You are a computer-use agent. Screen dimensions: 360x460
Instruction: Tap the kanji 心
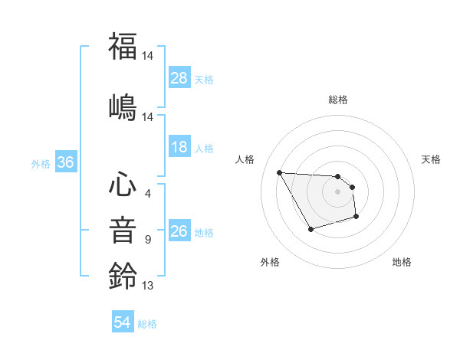pos(123,185)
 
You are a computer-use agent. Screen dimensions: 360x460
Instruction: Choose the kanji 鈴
pos(123,275)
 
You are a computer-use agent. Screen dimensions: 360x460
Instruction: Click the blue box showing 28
pos(179,78)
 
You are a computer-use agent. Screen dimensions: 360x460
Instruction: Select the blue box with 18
pos(179,147)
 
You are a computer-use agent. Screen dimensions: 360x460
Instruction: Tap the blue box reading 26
pos(179,231)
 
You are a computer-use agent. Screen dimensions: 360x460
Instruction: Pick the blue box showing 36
pos(66,163)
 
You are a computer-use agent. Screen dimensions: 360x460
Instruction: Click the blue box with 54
pos(123,323)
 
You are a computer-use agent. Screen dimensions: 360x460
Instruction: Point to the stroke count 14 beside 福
pos(149,55)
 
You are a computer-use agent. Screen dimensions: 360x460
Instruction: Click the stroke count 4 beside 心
pos(148,193)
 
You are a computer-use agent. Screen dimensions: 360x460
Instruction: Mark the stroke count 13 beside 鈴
pos(148,286)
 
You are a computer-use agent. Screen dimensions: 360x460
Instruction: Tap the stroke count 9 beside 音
pos(148,240)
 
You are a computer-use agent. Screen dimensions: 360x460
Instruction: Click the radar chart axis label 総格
pos(338,100)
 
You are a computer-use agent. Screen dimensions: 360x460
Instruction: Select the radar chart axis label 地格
pos(402,262)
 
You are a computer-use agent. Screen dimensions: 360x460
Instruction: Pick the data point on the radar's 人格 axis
pos(279,172)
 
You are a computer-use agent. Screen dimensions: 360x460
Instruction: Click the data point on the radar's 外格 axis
pos(310,229)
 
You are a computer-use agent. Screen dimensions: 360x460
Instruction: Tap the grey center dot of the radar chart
pos(338,191)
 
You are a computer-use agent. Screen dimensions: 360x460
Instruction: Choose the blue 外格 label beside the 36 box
pos(41,164)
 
